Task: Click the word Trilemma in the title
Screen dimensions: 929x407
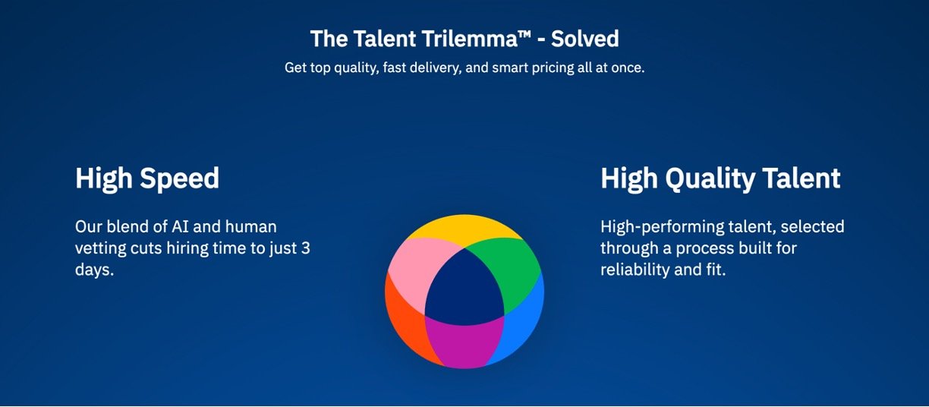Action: (470, 39)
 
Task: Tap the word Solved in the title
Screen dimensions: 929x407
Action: (584, 39)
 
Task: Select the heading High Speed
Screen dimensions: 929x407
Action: (147, 178)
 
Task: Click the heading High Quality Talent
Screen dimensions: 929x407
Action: (720, 178)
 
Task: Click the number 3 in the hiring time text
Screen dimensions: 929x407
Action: (306, 248)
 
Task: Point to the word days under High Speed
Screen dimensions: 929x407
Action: (94, 270)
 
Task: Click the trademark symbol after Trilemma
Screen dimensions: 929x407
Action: (524, 33)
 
